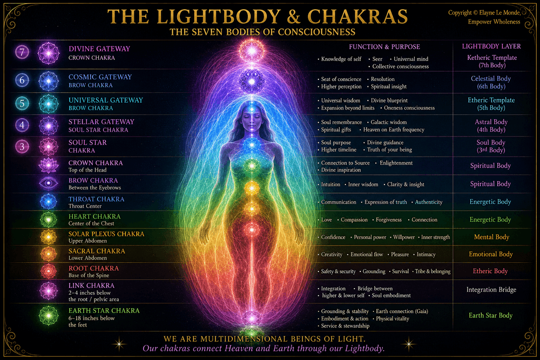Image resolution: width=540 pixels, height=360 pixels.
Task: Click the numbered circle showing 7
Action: (x=22, y=52)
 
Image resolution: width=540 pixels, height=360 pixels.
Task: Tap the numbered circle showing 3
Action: (x=22, y=147)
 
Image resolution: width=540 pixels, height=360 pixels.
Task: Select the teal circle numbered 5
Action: (x=22, y=103)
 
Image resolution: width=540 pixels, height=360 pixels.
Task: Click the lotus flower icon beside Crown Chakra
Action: (x=49, y=165)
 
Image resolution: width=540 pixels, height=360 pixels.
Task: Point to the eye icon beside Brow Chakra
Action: (x=49, y=183)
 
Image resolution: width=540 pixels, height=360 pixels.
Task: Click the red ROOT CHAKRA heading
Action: (x=93, y=268)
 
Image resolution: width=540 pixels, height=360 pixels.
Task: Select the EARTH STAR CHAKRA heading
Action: (x=104, y=310)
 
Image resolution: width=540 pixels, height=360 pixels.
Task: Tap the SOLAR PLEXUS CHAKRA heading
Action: (x=106, y=234)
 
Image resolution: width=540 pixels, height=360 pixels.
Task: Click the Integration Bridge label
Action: (x=491, y=290)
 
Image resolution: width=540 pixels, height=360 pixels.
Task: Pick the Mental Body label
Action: (x=491, y=237)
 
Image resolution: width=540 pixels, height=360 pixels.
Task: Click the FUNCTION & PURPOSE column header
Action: (x=384, y=47)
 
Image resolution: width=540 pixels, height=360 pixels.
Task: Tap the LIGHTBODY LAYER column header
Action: (x=491, y=46)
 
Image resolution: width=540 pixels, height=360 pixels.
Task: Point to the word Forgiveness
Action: (x=388, y=220)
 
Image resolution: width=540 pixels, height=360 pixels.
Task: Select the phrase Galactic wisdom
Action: (x=388, y=122)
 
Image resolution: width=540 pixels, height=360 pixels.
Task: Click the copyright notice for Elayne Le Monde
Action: (x=484, y=17)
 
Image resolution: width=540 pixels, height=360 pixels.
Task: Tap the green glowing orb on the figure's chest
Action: (x=252, y=166)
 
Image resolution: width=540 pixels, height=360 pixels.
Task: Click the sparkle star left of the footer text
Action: (x=119, y=343)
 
